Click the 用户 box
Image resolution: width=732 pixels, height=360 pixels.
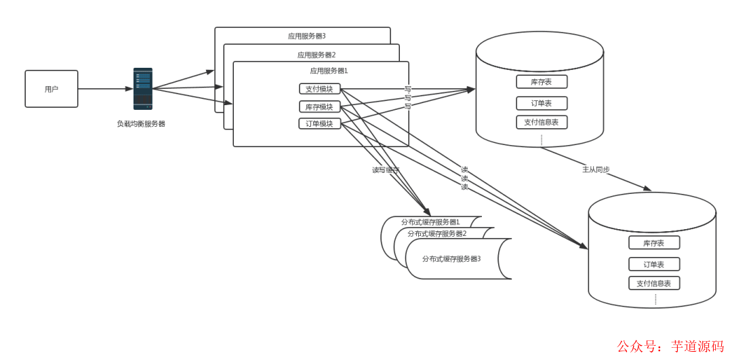pyautogui.click(x=52, y=89)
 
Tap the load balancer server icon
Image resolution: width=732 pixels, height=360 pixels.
pyautogui.click(x=142, y=88)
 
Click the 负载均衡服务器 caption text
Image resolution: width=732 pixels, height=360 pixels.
pyautogui.click(x=141, y=124)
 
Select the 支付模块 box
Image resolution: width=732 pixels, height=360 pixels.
pyautogui.click(x=319, y=89)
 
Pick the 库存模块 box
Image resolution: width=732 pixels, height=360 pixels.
pyautogui.click(x=319, y=106)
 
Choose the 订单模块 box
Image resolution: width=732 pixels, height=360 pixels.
pyautogui.click(x=319, y=123)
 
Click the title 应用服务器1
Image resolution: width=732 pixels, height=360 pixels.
pyautogui.click(x=329, y=71)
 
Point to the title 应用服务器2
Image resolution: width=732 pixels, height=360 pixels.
pyautogui.click(x=317, y=55)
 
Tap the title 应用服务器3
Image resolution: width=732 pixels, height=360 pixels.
pyautogui.click(x=307, y=36)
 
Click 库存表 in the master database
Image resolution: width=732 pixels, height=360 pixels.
pyautogui.click(x=541, y=82)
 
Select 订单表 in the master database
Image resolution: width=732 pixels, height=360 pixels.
pyautogui.click(x=541, y=104)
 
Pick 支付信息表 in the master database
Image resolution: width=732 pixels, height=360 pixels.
pyautogui.click(x=541, y=122)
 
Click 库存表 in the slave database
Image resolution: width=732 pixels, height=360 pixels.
pyautogui.click(x=653, y=243)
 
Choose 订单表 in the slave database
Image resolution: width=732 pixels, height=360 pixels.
pyautogui.click(x=653, y=264)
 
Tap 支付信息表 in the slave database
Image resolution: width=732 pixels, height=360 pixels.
pyautogui.click(x=653, y=283)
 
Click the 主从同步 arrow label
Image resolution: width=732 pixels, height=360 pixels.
pyautogui.click(x=596, y=169)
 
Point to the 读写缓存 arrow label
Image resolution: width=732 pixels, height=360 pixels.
pyautogui.click(x=385, y=170)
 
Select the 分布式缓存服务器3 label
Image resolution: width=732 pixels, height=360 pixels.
pyautogui.click(x=451, y=258)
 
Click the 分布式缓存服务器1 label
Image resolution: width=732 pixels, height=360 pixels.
pyautogui.click(x=430, y=222)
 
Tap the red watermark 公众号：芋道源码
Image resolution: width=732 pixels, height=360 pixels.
pyautogui.click(x=670, y=346)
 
